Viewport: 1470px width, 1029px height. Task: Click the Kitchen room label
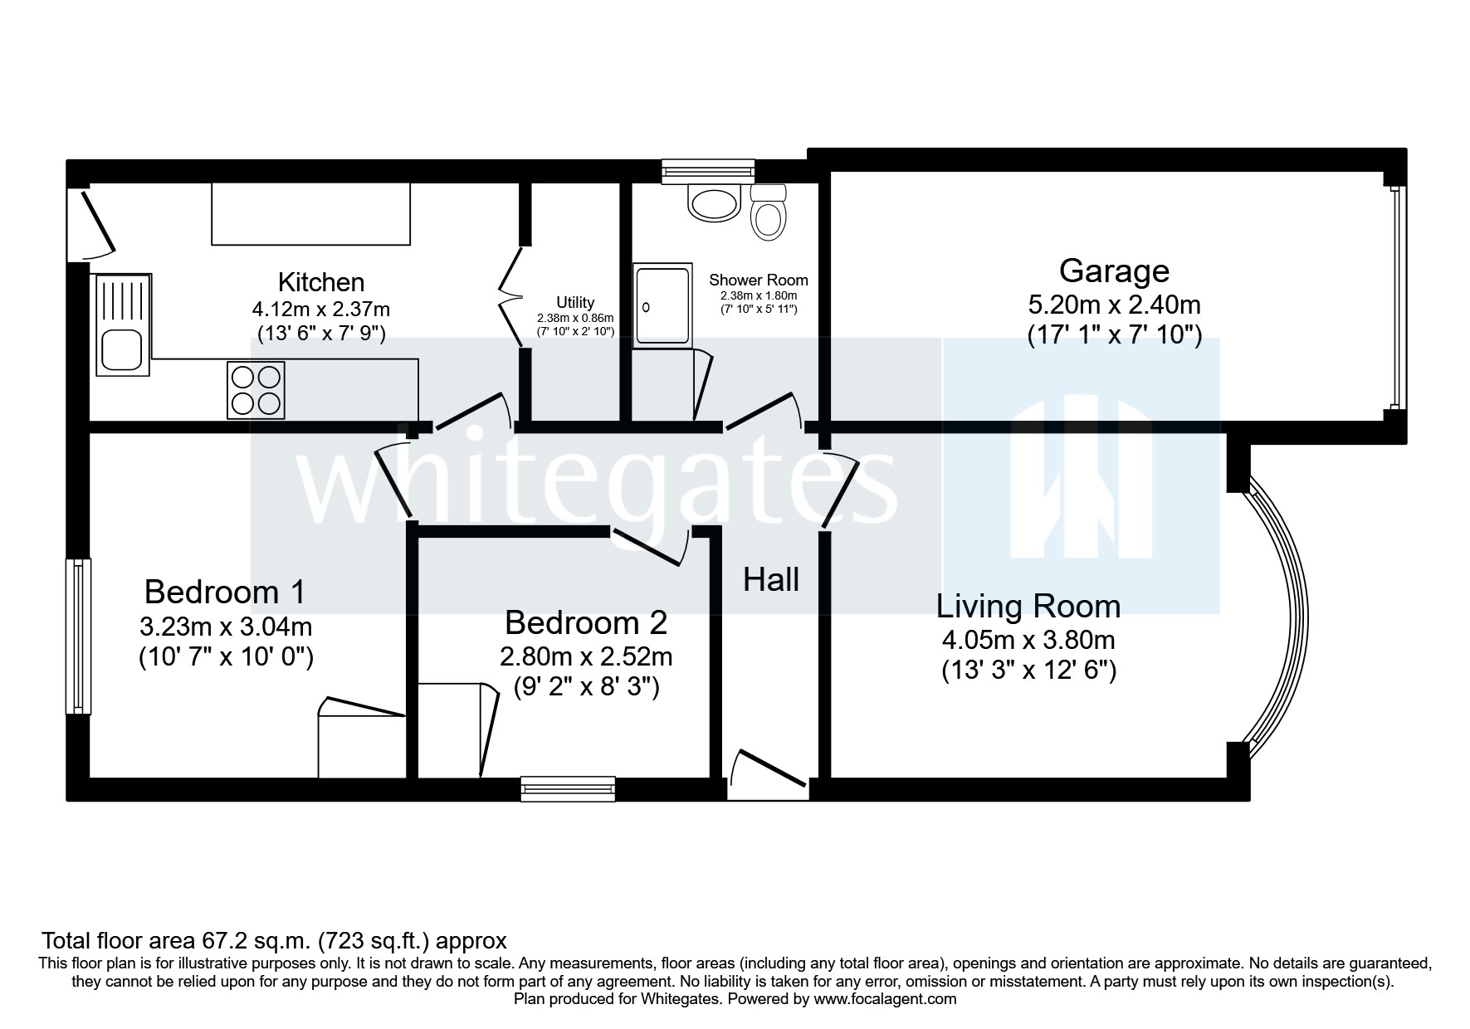pyautogui.click(x=321, y=282)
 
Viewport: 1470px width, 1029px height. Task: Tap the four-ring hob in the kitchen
pyautogui.click(x=256, y=390)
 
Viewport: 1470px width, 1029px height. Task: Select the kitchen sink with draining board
pyautogui.click(x=124, y=324)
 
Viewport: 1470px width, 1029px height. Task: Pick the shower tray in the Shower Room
pyautogui.click(x=662, y=306)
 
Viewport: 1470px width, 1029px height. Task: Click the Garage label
pyautogui.click(x=1114, y=271)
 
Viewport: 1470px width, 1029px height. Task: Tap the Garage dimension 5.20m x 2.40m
pyautogui.click(x=1114, y=305)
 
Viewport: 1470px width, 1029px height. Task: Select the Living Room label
pyautogui.click(x=1028, y=607)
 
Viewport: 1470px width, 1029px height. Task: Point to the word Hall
pyautogui.click(x=771, y=580)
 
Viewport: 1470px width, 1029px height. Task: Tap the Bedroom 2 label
pyautogui.click(x=585, y=622)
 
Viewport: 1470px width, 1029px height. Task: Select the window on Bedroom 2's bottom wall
pyautogui.click(x=568, y=788)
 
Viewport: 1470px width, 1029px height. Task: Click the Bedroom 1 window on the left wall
pyautogui.click(x=78, y=636)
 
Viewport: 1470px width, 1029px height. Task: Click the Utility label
pyautogui.click(x=575, y=303)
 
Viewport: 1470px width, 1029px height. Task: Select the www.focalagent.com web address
pyautogui.click(x=885, y=999)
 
